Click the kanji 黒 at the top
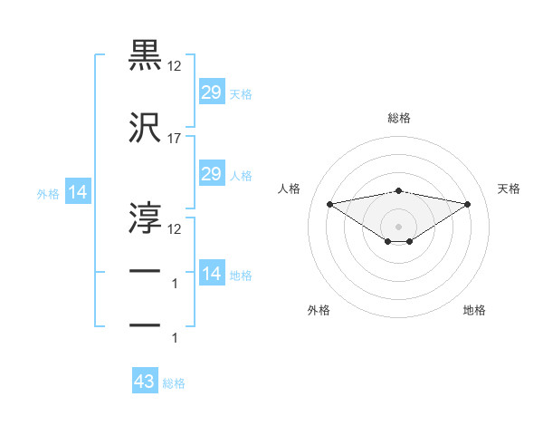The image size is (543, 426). pos(145,55)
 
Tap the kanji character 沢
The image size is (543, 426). pos(145,129)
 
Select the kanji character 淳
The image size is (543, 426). pos(145,216)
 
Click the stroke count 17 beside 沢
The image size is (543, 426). pos(175,139)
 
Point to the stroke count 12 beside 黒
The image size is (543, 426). pos(175,66)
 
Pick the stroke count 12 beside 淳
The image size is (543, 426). pos(175,228)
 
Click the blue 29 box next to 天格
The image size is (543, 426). pos(211,92)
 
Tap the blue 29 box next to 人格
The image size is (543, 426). pos(211,174)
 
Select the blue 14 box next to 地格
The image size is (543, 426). pos(211,274)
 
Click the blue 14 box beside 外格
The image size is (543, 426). pos(77,192)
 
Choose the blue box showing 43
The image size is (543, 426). pos(145,382)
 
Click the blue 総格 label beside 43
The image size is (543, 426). pos(174,383)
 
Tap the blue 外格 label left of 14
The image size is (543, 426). pos(48,193)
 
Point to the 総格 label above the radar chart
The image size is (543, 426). pos(398,118)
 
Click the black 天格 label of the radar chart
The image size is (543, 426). pos(509,189)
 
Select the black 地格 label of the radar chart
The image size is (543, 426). pos(474,310)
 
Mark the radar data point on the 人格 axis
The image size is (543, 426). pos(330,203)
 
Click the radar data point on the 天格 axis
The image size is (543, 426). pos(467,203)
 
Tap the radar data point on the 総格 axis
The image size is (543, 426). pos(398,190)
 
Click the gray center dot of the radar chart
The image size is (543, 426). pos(398,225)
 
